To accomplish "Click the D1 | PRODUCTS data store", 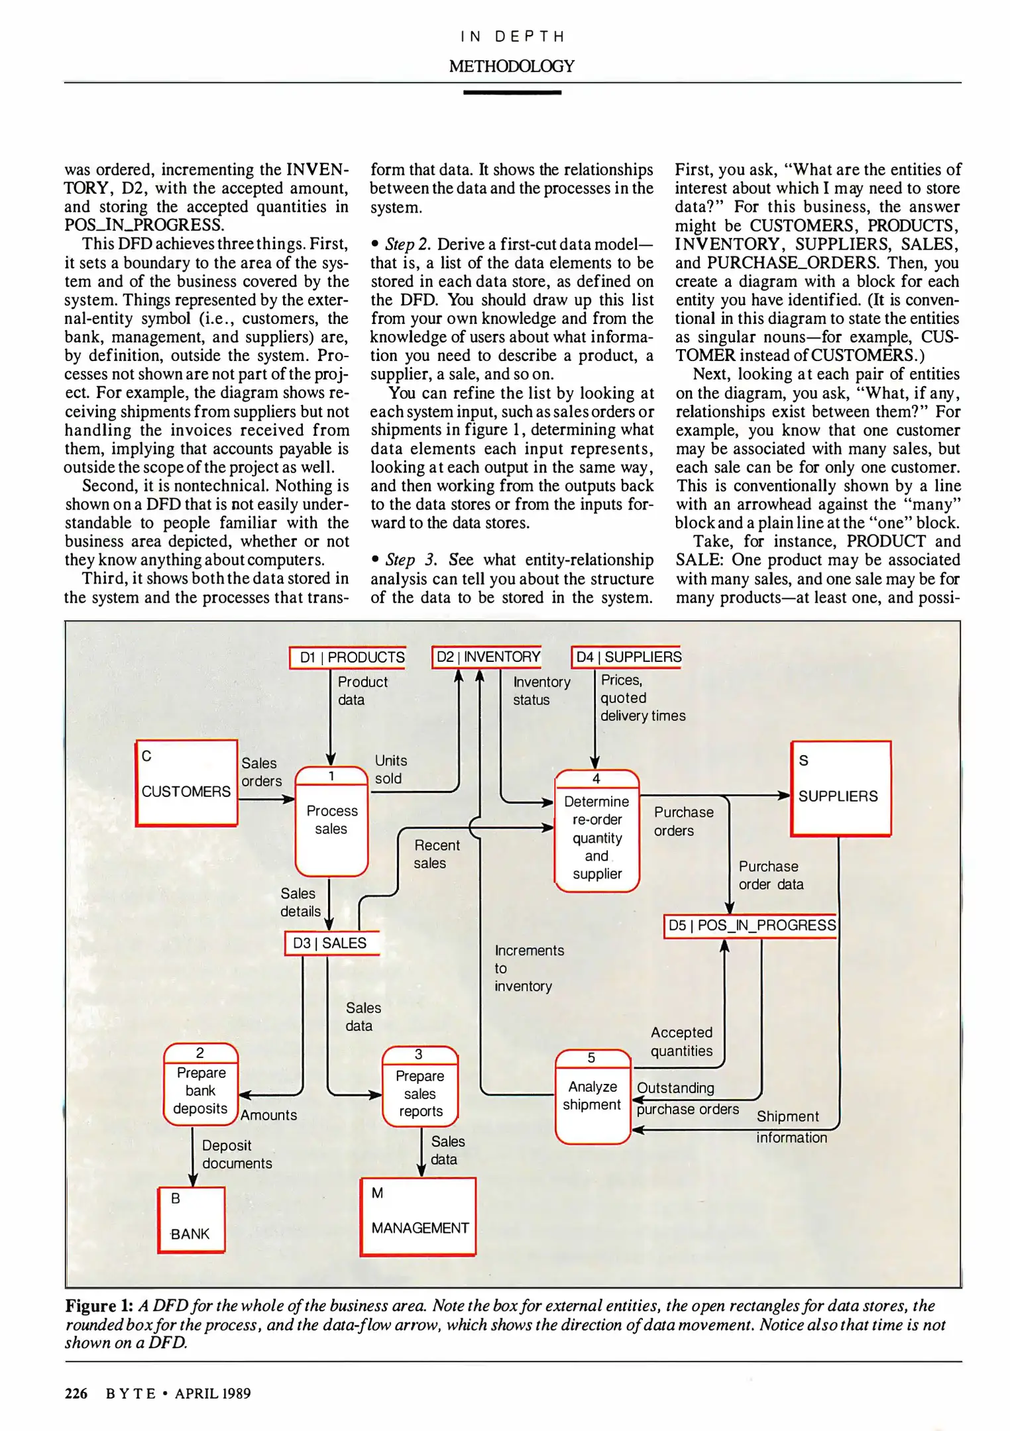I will (348, 657).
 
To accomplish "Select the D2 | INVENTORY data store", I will (487, 657).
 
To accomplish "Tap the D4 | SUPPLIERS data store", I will (627, 657).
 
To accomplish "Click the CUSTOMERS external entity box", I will (186, 783).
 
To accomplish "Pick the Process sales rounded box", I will (331, 821).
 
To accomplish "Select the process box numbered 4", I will (596, 831).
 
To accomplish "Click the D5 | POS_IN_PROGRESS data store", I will (751, 926).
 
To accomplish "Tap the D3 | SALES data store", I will (331, 943).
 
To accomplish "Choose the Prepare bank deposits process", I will (201, 1085).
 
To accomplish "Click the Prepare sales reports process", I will (420, 1086).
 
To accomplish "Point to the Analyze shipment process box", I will (592, 1096).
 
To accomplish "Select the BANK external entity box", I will (192, 1219).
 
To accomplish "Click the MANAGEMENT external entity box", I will (419, 1216).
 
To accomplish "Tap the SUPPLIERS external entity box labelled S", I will (840, 788).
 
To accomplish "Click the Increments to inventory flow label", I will (528, 968).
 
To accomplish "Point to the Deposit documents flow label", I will (237, 1154).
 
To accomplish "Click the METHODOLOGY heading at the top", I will (512, 66).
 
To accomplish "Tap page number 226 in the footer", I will (76, 1393).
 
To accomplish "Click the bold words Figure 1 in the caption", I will (99, 1306).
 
